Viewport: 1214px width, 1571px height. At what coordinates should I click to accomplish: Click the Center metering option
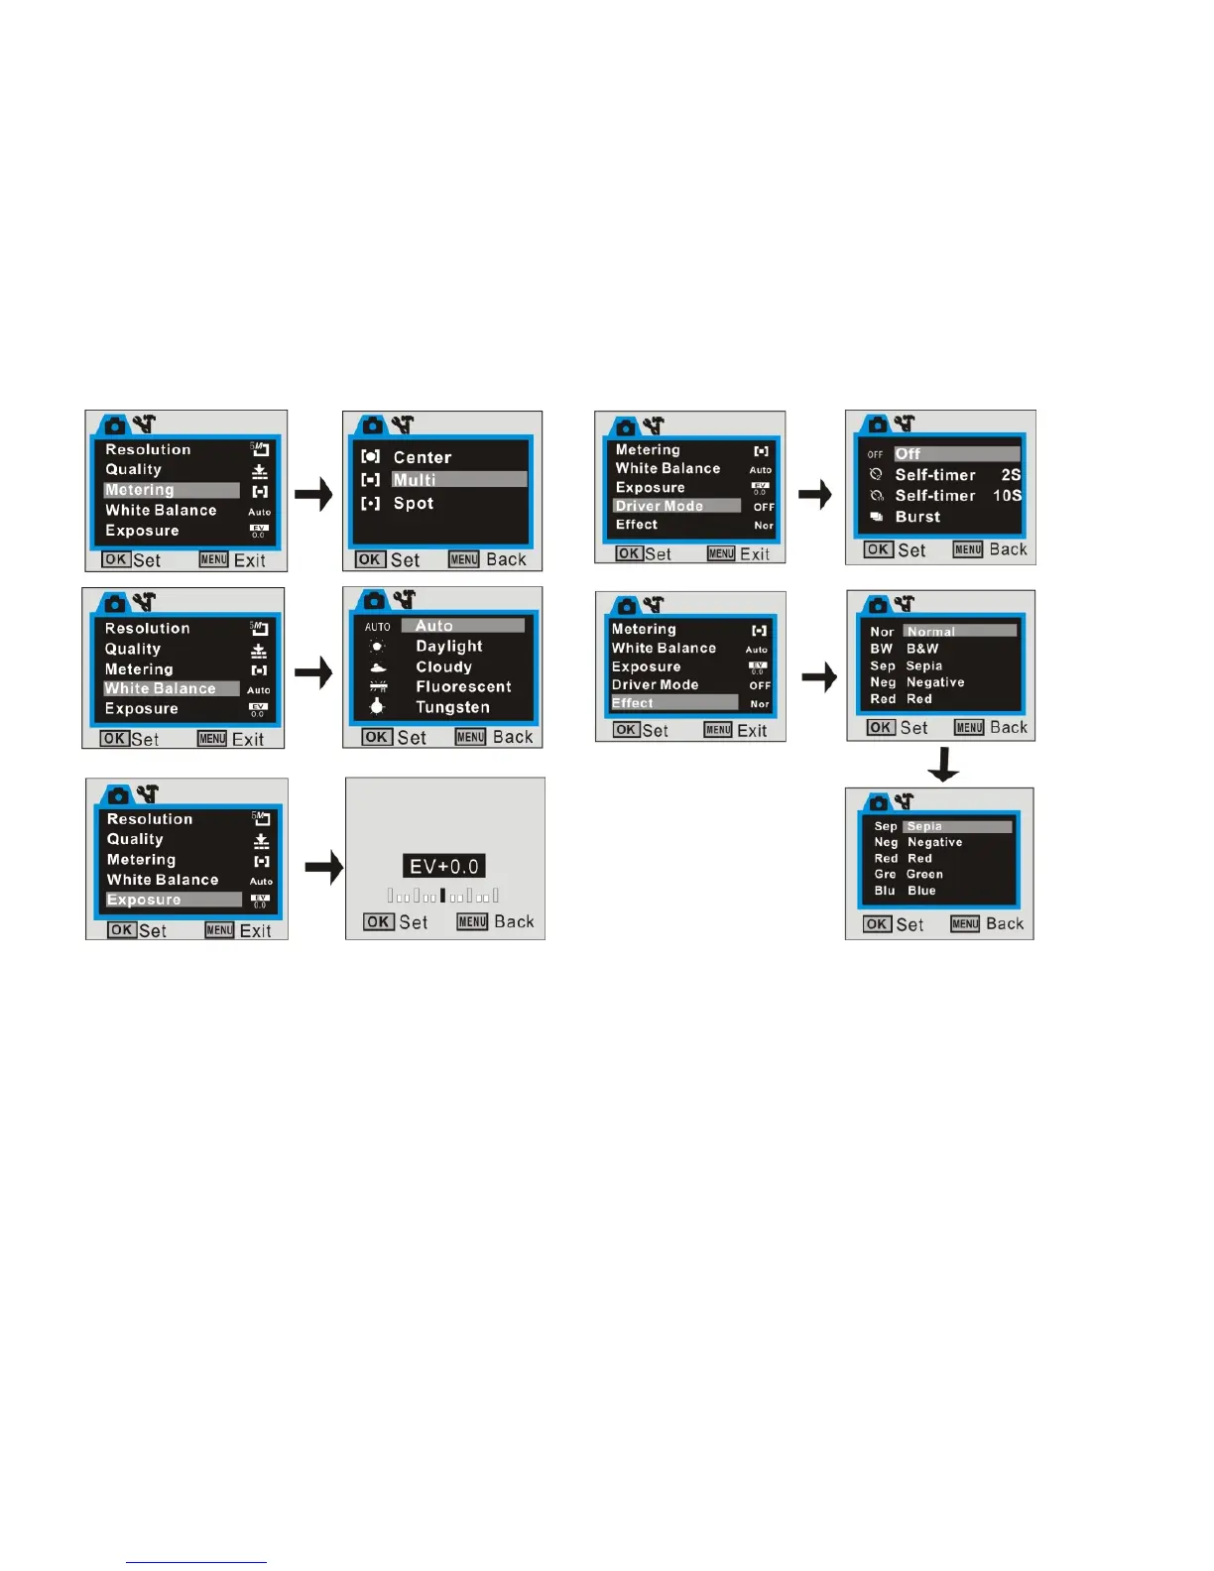click(422, 457)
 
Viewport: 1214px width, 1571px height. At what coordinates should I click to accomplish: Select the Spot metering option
click(413, 503)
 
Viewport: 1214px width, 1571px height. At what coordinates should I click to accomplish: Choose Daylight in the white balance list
click(448, 646)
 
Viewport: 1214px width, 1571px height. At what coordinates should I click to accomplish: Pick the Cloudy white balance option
click(443, 666)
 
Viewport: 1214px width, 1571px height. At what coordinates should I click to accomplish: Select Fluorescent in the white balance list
click(463, 686)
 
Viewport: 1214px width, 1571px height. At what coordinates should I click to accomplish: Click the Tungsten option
click(452, 707)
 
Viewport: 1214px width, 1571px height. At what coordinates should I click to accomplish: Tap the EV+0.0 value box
click(444, 866)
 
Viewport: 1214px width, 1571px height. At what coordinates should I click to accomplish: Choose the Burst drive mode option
click(917, 517)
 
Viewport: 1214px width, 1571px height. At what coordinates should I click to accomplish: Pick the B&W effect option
click(921, 649)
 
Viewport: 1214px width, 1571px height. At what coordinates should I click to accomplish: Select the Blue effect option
click(920, 891)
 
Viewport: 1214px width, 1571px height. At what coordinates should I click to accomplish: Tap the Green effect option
click(923, 874)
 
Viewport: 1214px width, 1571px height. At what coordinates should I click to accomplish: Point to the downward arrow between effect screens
click(942, 764)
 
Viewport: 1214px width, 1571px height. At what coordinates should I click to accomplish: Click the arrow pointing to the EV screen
click(323, 867)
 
